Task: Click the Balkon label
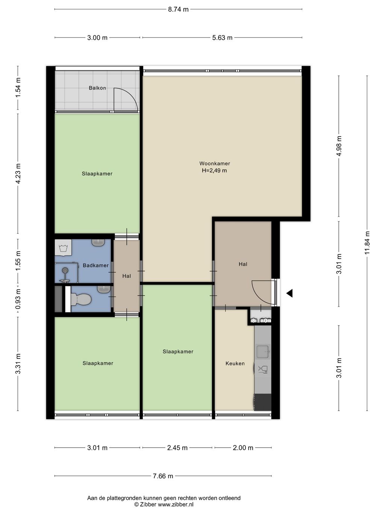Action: point(97,88)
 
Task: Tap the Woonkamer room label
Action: point(215,163)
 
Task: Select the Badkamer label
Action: point(95,265)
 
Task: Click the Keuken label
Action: point(235,363)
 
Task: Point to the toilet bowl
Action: point(80,299)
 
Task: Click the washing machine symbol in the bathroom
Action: point(63,247)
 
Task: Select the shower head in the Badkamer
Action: point(65,271)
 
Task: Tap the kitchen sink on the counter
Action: point(264,351)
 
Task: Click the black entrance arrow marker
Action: point(290,293)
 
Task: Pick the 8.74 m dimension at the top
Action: point(178,9)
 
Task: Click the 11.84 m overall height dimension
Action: point(367,243)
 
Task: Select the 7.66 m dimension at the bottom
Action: point(163,476)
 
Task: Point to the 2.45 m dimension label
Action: point(177,448)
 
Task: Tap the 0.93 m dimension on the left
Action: point(18,299)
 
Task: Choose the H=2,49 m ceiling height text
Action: point(214,171)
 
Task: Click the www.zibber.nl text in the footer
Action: point(176,504)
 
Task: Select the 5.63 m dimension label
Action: point(222,38)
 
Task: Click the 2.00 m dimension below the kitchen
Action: point(243,448)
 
